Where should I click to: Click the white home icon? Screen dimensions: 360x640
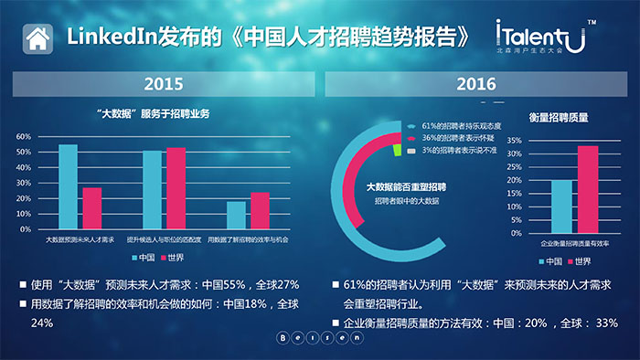coord(37,38)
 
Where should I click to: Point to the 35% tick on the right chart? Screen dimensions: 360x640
coord(514,142)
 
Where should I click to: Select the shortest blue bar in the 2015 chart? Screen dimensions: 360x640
coord(236,215)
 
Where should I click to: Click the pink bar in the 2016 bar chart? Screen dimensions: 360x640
coord(587,189)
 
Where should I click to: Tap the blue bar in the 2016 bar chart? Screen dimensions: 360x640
coord(561,206)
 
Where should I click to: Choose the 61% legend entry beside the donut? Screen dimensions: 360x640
coord(457,125)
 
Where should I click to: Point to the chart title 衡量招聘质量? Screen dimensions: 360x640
coord(558,117)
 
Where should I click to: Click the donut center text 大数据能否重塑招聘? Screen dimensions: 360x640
coord(400,186)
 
